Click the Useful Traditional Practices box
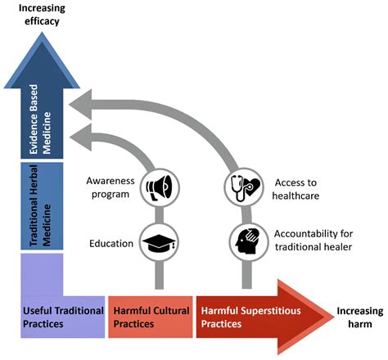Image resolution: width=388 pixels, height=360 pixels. (x=62, y=317)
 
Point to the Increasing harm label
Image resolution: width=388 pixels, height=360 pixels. (x=359, y=317)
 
